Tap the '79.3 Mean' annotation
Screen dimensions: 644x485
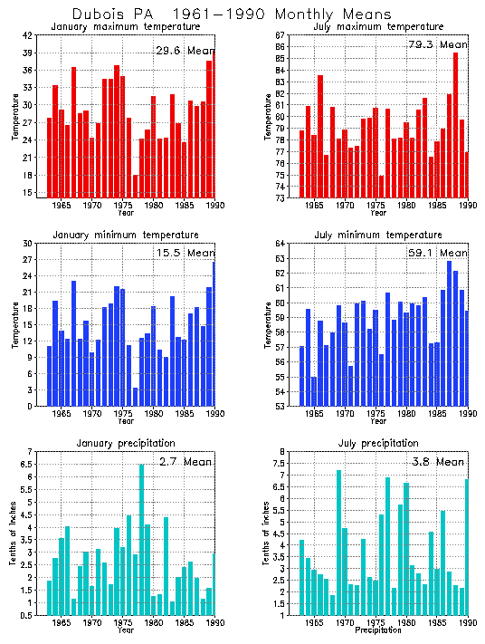[x=438, y=44]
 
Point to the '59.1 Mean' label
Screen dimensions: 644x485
[x=438, y=253]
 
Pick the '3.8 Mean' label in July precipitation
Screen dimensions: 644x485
[x=438, y=461]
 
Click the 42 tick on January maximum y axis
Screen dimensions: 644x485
[x=27, y=35]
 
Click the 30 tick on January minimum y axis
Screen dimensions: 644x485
[x=27, y=244]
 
